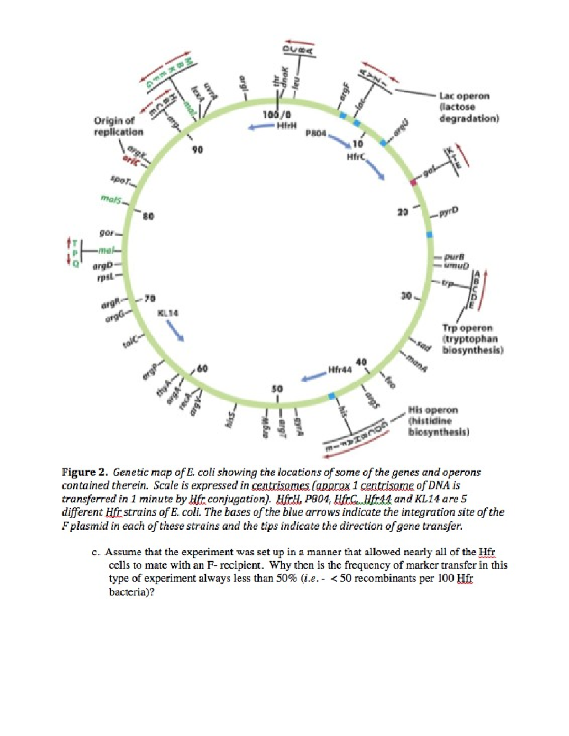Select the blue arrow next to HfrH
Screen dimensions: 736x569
pos(260,127)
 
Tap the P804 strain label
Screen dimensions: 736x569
pos(316,134)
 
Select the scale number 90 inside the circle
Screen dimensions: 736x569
pos(197,150)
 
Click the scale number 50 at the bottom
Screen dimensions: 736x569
pos(277,389)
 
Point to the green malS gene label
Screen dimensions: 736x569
pos(110,199)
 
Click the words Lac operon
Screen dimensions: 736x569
pos(464,96)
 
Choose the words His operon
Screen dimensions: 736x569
pos(433,410)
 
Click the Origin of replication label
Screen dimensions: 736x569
pos(119,126)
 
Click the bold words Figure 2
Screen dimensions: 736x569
pos(85,472)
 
